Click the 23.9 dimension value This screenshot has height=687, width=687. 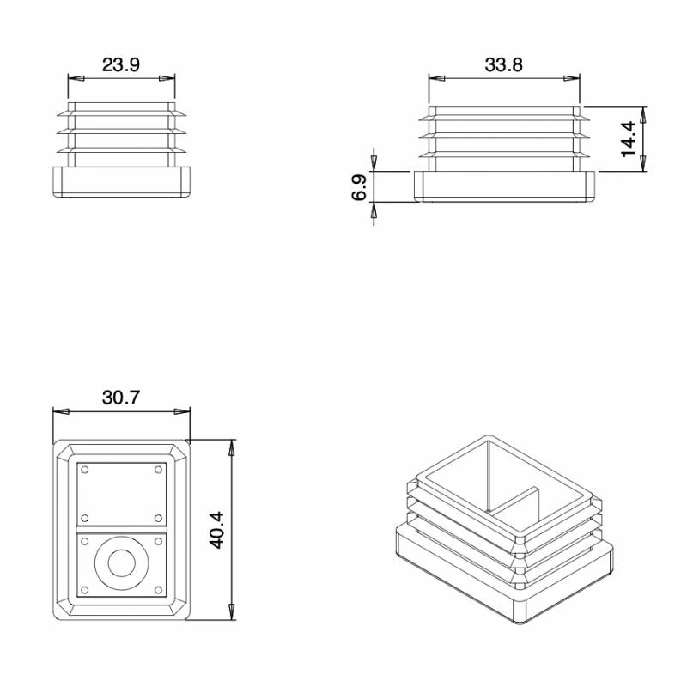coord(121,64)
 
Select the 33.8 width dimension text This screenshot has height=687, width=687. coord(504,64)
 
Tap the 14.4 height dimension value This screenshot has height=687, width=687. coord(629,139)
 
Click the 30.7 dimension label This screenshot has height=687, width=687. coord(121,398)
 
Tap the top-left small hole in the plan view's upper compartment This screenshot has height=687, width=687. coord(85,469)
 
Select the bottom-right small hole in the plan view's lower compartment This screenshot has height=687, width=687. coord(157,591)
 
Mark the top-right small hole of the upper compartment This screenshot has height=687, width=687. coord(157,469)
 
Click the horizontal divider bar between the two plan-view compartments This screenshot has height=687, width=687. coord(120,530)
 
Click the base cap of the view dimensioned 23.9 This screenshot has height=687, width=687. coord(121,183)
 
